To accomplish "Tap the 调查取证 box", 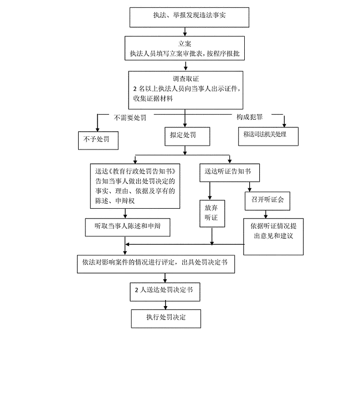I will [x=185, y=89].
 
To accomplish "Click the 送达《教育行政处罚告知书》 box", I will [x=135, y=186].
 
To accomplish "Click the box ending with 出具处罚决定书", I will [x=156, y=264].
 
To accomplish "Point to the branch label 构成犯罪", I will [x=249, y=117].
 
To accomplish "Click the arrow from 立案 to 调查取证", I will [x=185, y=65].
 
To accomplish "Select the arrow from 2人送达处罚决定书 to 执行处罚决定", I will [x=165, y=305].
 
